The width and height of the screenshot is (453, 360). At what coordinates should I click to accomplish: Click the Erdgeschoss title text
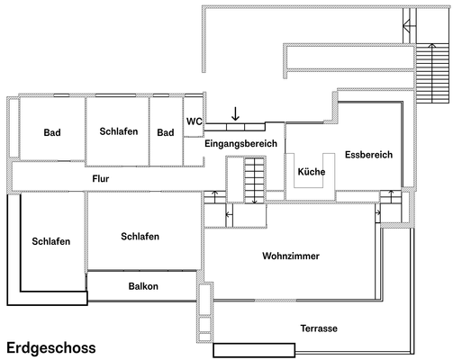click(50, 346)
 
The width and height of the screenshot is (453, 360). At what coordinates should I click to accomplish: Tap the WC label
click(194, 121)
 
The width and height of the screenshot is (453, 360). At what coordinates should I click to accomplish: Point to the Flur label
click(102, 179)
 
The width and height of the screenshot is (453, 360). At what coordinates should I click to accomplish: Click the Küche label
click(312, 171)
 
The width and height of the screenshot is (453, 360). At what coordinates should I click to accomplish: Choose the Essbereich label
click(369, 155)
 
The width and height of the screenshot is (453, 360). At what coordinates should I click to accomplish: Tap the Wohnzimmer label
click(291, 256)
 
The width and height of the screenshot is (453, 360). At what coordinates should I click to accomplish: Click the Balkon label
click(143, 286)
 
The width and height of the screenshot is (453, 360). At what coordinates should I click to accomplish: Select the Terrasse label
click(319, 328)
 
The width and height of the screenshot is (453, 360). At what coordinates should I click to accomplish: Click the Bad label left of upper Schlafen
click(52, 133)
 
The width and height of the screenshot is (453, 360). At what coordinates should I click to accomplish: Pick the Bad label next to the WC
click(165, 133)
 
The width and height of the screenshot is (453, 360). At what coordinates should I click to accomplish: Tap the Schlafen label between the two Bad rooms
click(118, 131)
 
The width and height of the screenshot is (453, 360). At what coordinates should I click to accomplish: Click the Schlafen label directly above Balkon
click(140, 237)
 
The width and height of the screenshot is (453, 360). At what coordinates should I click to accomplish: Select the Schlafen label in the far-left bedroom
click(50, 241)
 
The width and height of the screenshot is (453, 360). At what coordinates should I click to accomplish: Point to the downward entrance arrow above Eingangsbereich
click(235, 113)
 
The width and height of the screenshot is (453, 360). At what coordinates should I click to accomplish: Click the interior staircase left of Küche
click(254, 179)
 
